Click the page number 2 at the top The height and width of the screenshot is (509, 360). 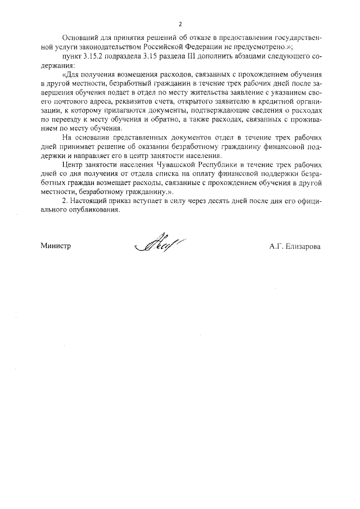click(x=180, y=24)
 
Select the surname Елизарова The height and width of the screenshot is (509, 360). click(x=303, y=246)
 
